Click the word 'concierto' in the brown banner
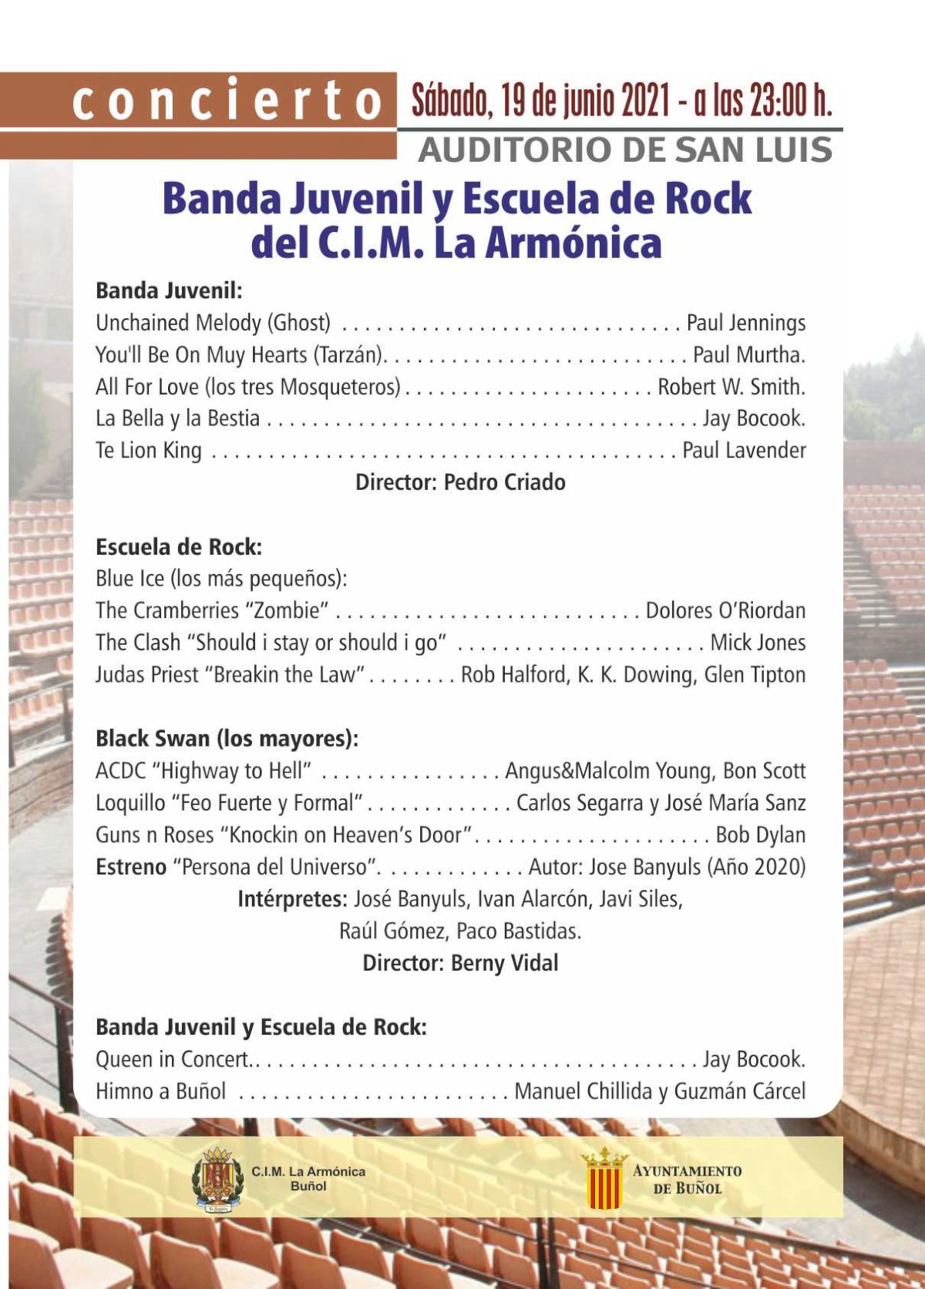pos(227,101)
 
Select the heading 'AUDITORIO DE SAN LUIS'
pos(624,149)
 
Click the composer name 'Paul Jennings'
pos(745,323)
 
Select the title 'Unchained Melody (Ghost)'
pos(213,323)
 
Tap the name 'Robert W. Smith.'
pos(731,387)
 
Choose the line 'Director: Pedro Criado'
pos(460,482)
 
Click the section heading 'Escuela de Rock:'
pos(179,547)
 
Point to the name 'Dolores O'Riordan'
pos(725,611)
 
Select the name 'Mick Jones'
pos(758,643)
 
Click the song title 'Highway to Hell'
pos(232,771)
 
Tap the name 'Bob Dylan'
pos(760,835)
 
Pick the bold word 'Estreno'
pos(131,868)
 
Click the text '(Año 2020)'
pos(756,868)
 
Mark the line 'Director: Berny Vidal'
pos(460,963)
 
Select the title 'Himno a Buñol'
pos(160,1092)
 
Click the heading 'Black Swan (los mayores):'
pos(227,739)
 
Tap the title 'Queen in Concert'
pos(172,1059)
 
